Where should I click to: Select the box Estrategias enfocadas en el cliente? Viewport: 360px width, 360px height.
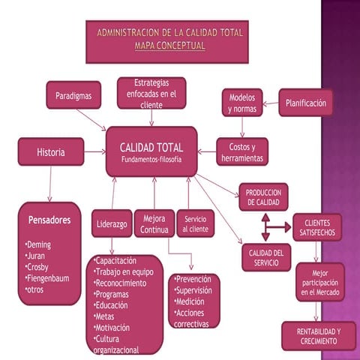[151, 93]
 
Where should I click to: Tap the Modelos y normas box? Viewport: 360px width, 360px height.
[242, 103]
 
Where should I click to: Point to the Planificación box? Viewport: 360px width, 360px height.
[306, 103]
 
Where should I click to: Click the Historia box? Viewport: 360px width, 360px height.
[50, 152]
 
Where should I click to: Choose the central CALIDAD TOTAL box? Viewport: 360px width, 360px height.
[151, 151]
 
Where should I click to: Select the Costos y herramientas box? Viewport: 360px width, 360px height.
[242, 152]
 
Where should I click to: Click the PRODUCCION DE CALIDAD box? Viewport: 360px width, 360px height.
[262, 197]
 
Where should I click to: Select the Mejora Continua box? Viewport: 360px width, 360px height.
[154, 223]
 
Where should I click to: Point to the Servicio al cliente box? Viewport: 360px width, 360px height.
[195, 223]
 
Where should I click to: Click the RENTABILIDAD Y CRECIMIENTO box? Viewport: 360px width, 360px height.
[315, 335]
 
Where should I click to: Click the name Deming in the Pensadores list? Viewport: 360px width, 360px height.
[40, 244]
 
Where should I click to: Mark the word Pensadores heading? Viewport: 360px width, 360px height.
[49, 220]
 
